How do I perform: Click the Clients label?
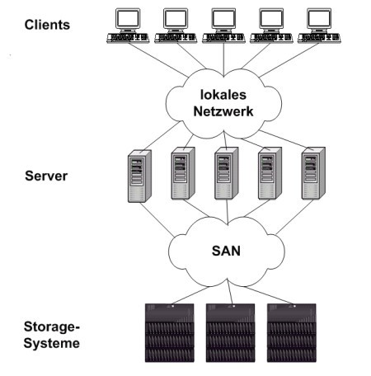click(x=47, y=25)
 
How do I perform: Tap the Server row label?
click(x=46, y=176)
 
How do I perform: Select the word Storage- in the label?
click(x=52, y=327)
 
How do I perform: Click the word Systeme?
click(x=52, y=343)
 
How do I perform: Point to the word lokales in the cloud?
click(x=223, y=95)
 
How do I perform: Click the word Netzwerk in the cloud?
click(x=223, y=111)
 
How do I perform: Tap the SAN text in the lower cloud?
click(x=226, y=251)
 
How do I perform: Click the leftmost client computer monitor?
click(x=128, y=20)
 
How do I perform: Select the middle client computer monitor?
click(x=223, y=20)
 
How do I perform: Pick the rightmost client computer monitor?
click(x=319, y=20)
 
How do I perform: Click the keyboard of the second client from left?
click(x=176, y=38)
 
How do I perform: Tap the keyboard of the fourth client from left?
click(x=271, y=38)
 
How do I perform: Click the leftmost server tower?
click(x=139, y=176)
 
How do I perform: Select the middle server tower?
click(x=227, y=173)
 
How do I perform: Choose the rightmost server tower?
click(x=313, y=173)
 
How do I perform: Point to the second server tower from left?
click(x=183, y=173)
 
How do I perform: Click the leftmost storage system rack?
click(x=170, y=333)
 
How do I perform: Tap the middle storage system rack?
click(x=231, y=333)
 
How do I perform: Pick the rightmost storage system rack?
click(x=292, y=333)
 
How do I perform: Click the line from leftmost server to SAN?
click(x=157, y=219)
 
